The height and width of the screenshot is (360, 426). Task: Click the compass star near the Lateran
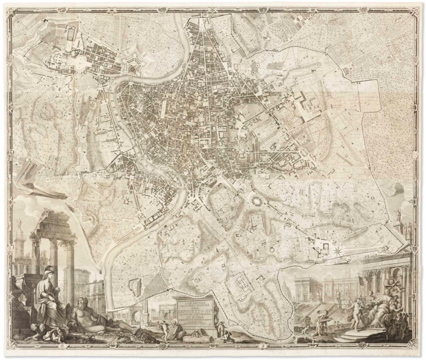pos(338,251)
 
